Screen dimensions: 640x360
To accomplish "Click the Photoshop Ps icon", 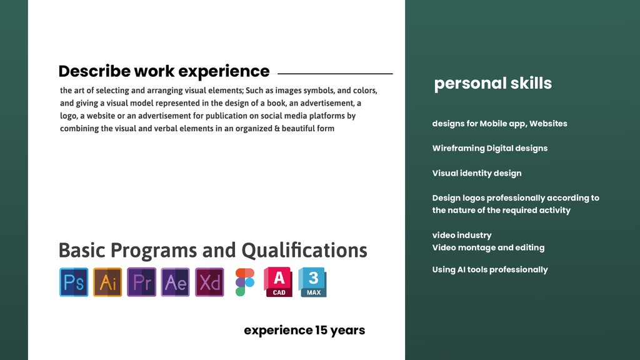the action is [x=74, y=282].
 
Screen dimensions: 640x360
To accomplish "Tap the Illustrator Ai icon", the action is [x=107, y=282].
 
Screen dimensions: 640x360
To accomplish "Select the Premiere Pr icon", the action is [x=141, y=282].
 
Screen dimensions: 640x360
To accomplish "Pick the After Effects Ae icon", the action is [x=175, y=282].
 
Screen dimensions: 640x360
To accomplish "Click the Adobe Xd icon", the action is [x=209, y=282].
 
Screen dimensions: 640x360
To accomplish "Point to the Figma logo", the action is [x=245, y=282].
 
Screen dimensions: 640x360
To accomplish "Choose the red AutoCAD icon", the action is [x=278, y=282].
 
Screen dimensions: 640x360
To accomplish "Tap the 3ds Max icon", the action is [x=312, y=282].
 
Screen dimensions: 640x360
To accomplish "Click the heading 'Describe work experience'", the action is [x=164, y=71].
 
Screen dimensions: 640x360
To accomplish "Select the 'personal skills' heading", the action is [x=492, y=83].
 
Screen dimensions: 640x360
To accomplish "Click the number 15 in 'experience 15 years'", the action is [x=321, y=330].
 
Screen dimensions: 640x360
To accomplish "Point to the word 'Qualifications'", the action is [x=304, y=250].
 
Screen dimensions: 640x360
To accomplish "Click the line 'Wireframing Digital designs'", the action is [x=490, y=148].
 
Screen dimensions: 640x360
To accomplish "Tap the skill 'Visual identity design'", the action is [x=477, y=173].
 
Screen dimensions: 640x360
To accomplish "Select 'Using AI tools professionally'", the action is [x=490, y=269].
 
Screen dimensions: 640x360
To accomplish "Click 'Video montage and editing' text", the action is [x=488, y=247].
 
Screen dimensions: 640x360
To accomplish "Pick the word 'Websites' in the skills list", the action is [x=548, y=123].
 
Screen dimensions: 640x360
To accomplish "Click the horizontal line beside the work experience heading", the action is [x=335, y=74].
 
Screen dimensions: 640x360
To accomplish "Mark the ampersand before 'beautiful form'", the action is [x=277, y=129].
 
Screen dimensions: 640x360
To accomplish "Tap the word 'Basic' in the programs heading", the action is [x=82, y=250].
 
